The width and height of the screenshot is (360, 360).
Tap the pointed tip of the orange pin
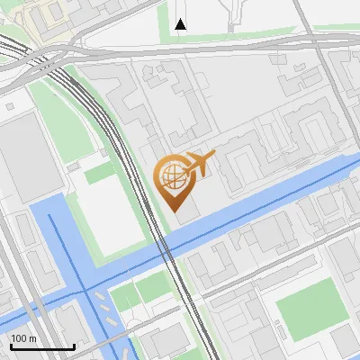tap(177, 212)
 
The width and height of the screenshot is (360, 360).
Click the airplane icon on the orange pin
tap(199, 165)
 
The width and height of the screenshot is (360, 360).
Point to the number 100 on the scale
tap(22, 338)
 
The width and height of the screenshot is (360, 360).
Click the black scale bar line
tap(42, 346)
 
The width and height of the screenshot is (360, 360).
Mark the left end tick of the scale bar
tap(12, 345)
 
